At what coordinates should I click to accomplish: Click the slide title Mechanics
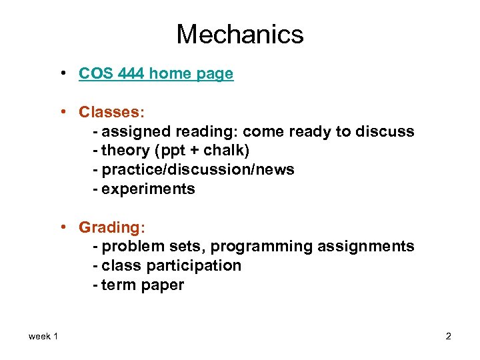(x=240, y=34)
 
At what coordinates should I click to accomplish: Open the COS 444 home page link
(x=156, y=74)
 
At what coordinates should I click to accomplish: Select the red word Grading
(x=107, y=227)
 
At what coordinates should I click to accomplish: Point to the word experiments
(x=148, y=189)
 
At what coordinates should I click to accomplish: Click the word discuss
(x=386, y=131)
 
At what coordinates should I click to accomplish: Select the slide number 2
(x=449, y=337)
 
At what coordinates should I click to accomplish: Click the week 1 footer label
(x=43, y=337)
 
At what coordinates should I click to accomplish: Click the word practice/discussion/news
(x=197, y=170)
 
